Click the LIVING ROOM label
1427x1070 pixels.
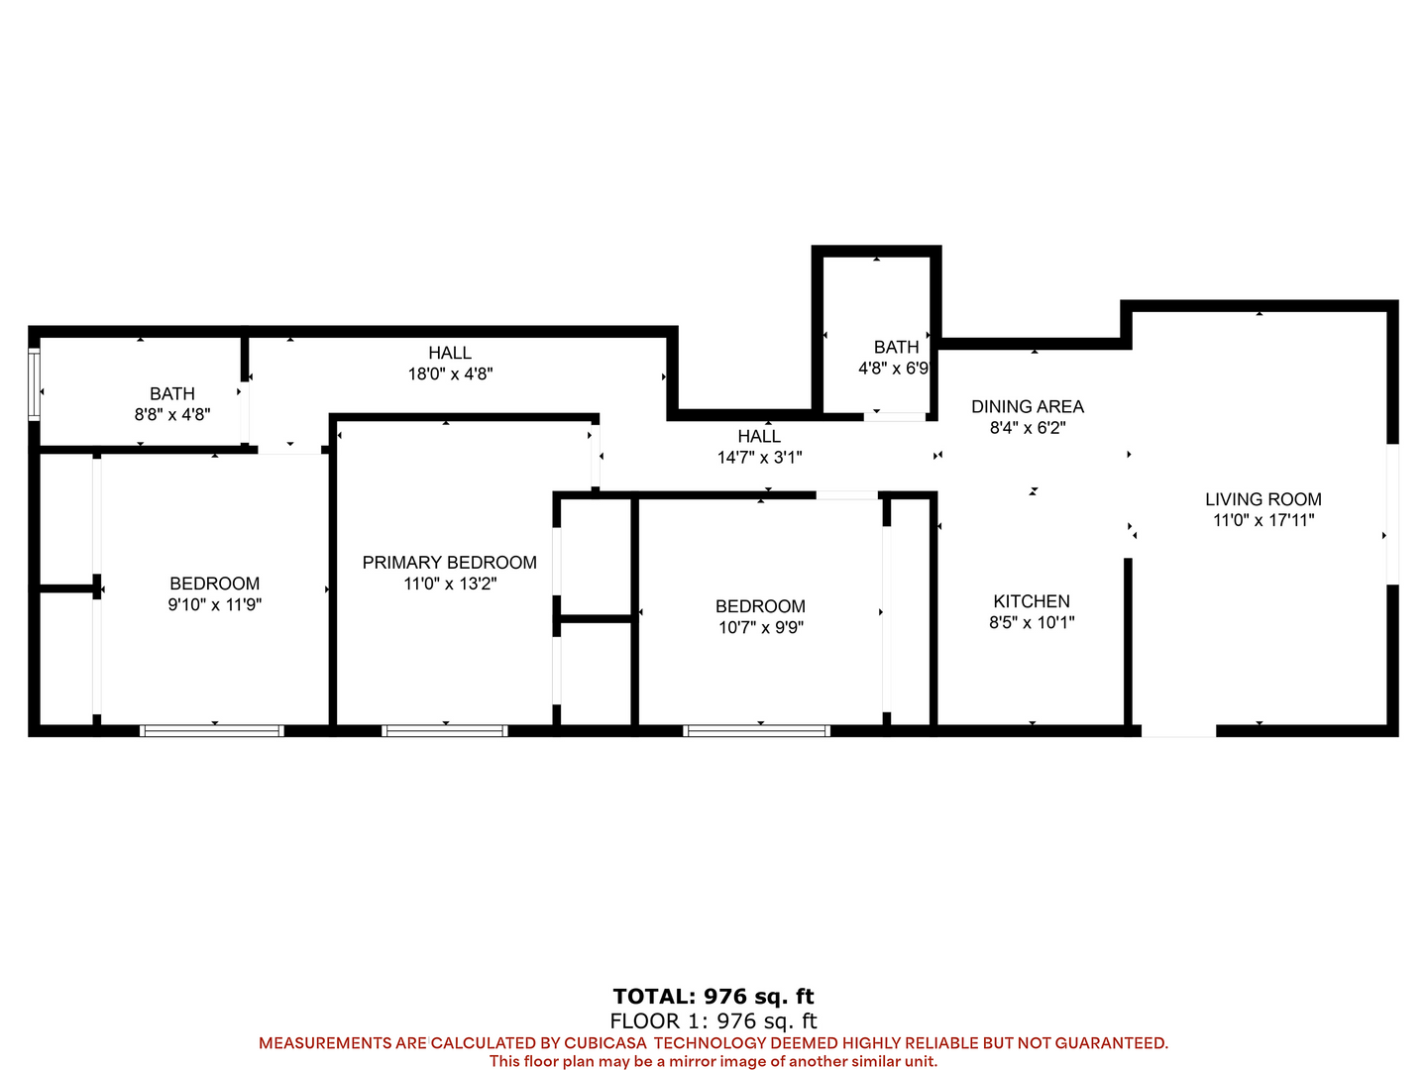pyautogui.click(x=1262, y=499)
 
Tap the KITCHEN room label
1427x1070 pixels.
pyautogui.click(x=1031, y=601)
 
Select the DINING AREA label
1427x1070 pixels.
pyautogui.click(x=1028, y=406)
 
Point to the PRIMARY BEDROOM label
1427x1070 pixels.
pyautogui.click(x=449, y=562)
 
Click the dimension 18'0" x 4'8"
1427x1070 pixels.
pyautogui.click(x=450, y=374)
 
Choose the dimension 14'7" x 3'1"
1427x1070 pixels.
pyautogui.click(x=759, y=458)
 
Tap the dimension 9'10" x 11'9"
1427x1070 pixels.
pyautogui.click(x=214, y=604)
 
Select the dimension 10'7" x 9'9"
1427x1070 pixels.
pyautogui.click(x=761, y=627)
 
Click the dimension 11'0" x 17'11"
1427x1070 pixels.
pyautogui.click(x=1263, y=520)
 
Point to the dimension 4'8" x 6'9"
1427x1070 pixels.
pyautogui.click(x=894, y=369)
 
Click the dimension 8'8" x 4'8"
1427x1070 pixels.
pyautogui.click(x=172, y=414)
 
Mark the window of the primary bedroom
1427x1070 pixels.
pyautogui.click(x=445, y=731)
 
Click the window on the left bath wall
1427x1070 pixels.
pyautogui.click(x=34, y=384)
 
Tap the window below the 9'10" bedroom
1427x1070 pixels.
pyautogui.click(x=212, y=731)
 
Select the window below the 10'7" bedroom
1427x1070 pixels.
pyautogui.click(x=757, y=731)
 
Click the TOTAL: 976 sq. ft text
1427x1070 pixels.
pyautogui.click(x=713, y=996)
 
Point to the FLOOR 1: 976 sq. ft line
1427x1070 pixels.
pyautogui.click(x=713, y=1020)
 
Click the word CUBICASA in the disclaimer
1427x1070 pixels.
pyautogui.click(x=605, y=1042)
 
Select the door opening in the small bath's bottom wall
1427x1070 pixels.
pyautogui.click(x=895, y=416)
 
